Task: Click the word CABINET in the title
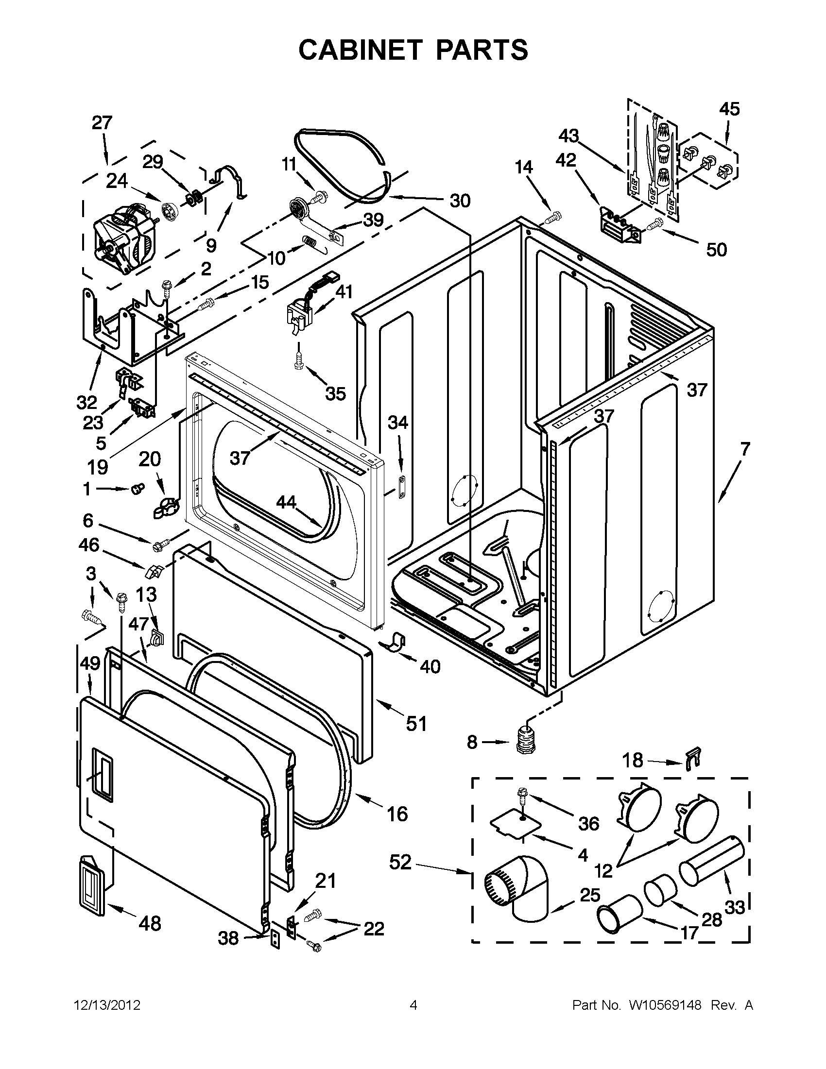360,50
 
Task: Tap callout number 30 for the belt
459,201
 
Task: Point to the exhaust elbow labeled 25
518,888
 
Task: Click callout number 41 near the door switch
344,292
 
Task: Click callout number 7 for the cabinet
744,449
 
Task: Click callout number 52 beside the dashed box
400,862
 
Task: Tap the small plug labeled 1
137,489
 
